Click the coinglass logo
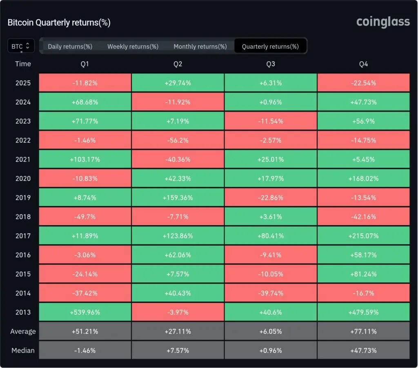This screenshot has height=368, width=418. (x=382, y=22)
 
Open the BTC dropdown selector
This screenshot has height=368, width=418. (x=21, y=46)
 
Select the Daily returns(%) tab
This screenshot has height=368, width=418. (x=70, y=47)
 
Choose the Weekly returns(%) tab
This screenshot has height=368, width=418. (x=133, y=47)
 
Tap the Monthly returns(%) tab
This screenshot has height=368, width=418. (x=200, y=47)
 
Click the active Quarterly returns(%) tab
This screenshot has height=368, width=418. (x=270, y=47)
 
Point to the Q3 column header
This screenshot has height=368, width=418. (x=270, y=64)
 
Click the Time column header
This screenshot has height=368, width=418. (x=23, y=64)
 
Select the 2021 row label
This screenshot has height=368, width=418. (x=23, y=159)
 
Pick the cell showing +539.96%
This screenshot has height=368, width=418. (x=85, y=312)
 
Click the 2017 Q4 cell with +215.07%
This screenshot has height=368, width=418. (x=363, y=236)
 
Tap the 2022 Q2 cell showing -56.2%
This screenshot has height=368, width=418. (x=178, y=140)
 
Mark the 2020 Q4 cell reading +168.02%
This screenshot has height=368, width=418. (x=363, y=178)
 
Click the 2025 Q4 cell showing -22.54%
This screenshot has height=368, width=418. (x=363, y=83)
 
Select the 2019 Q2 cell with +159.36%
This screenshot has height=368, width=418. (x=178, y=198)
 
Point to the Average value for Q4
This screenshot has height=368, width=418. (x=363, y=332)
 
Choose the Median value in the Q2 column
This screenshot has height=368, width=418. (x=178, y=350)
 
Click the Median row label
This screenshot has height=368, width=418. (x=23, y=350)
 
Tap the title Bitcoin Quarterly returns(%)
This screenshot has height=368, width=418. (x=59, y=22)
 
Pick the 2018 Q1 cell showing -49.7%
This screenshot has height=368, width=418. (x=85, y=216)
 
